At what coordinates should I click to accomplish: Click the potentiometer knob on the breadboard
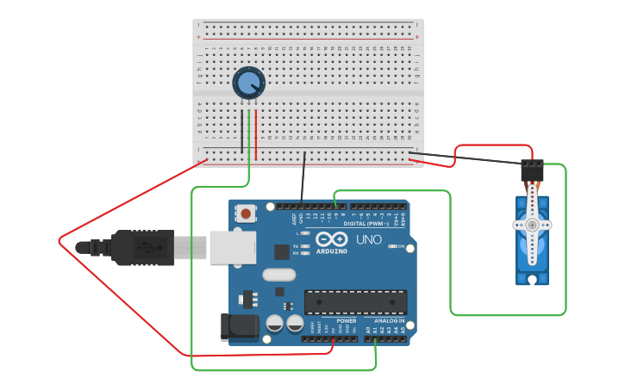(249, 83)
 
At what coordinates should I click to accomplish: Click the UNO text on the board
(369, 240)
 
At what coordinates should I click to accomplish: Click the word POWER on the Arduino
(347, 320)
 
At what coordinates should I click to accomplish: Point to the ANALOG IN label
(389, 320)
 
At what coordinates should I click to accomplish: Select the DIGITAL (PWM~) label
(366, 223)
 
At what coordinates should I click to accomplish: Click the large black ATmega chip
(355, 302)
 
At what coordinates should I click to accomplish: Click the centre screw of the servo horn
(532, 225)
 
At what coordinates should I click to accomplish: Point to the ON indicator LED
(391, 246)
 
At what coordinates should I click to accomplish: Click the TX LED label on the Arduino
(296, 245)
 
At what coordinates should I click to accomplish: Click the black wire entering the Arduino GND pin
(303, 181)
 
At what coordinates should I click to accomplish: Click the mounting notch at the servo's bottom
(532, 279)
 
